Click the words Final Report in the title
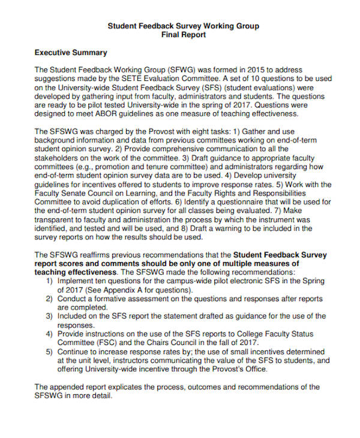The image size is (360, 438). (x=184, y=35)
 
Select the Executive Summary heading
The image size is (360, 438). (x=71, y=53)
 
